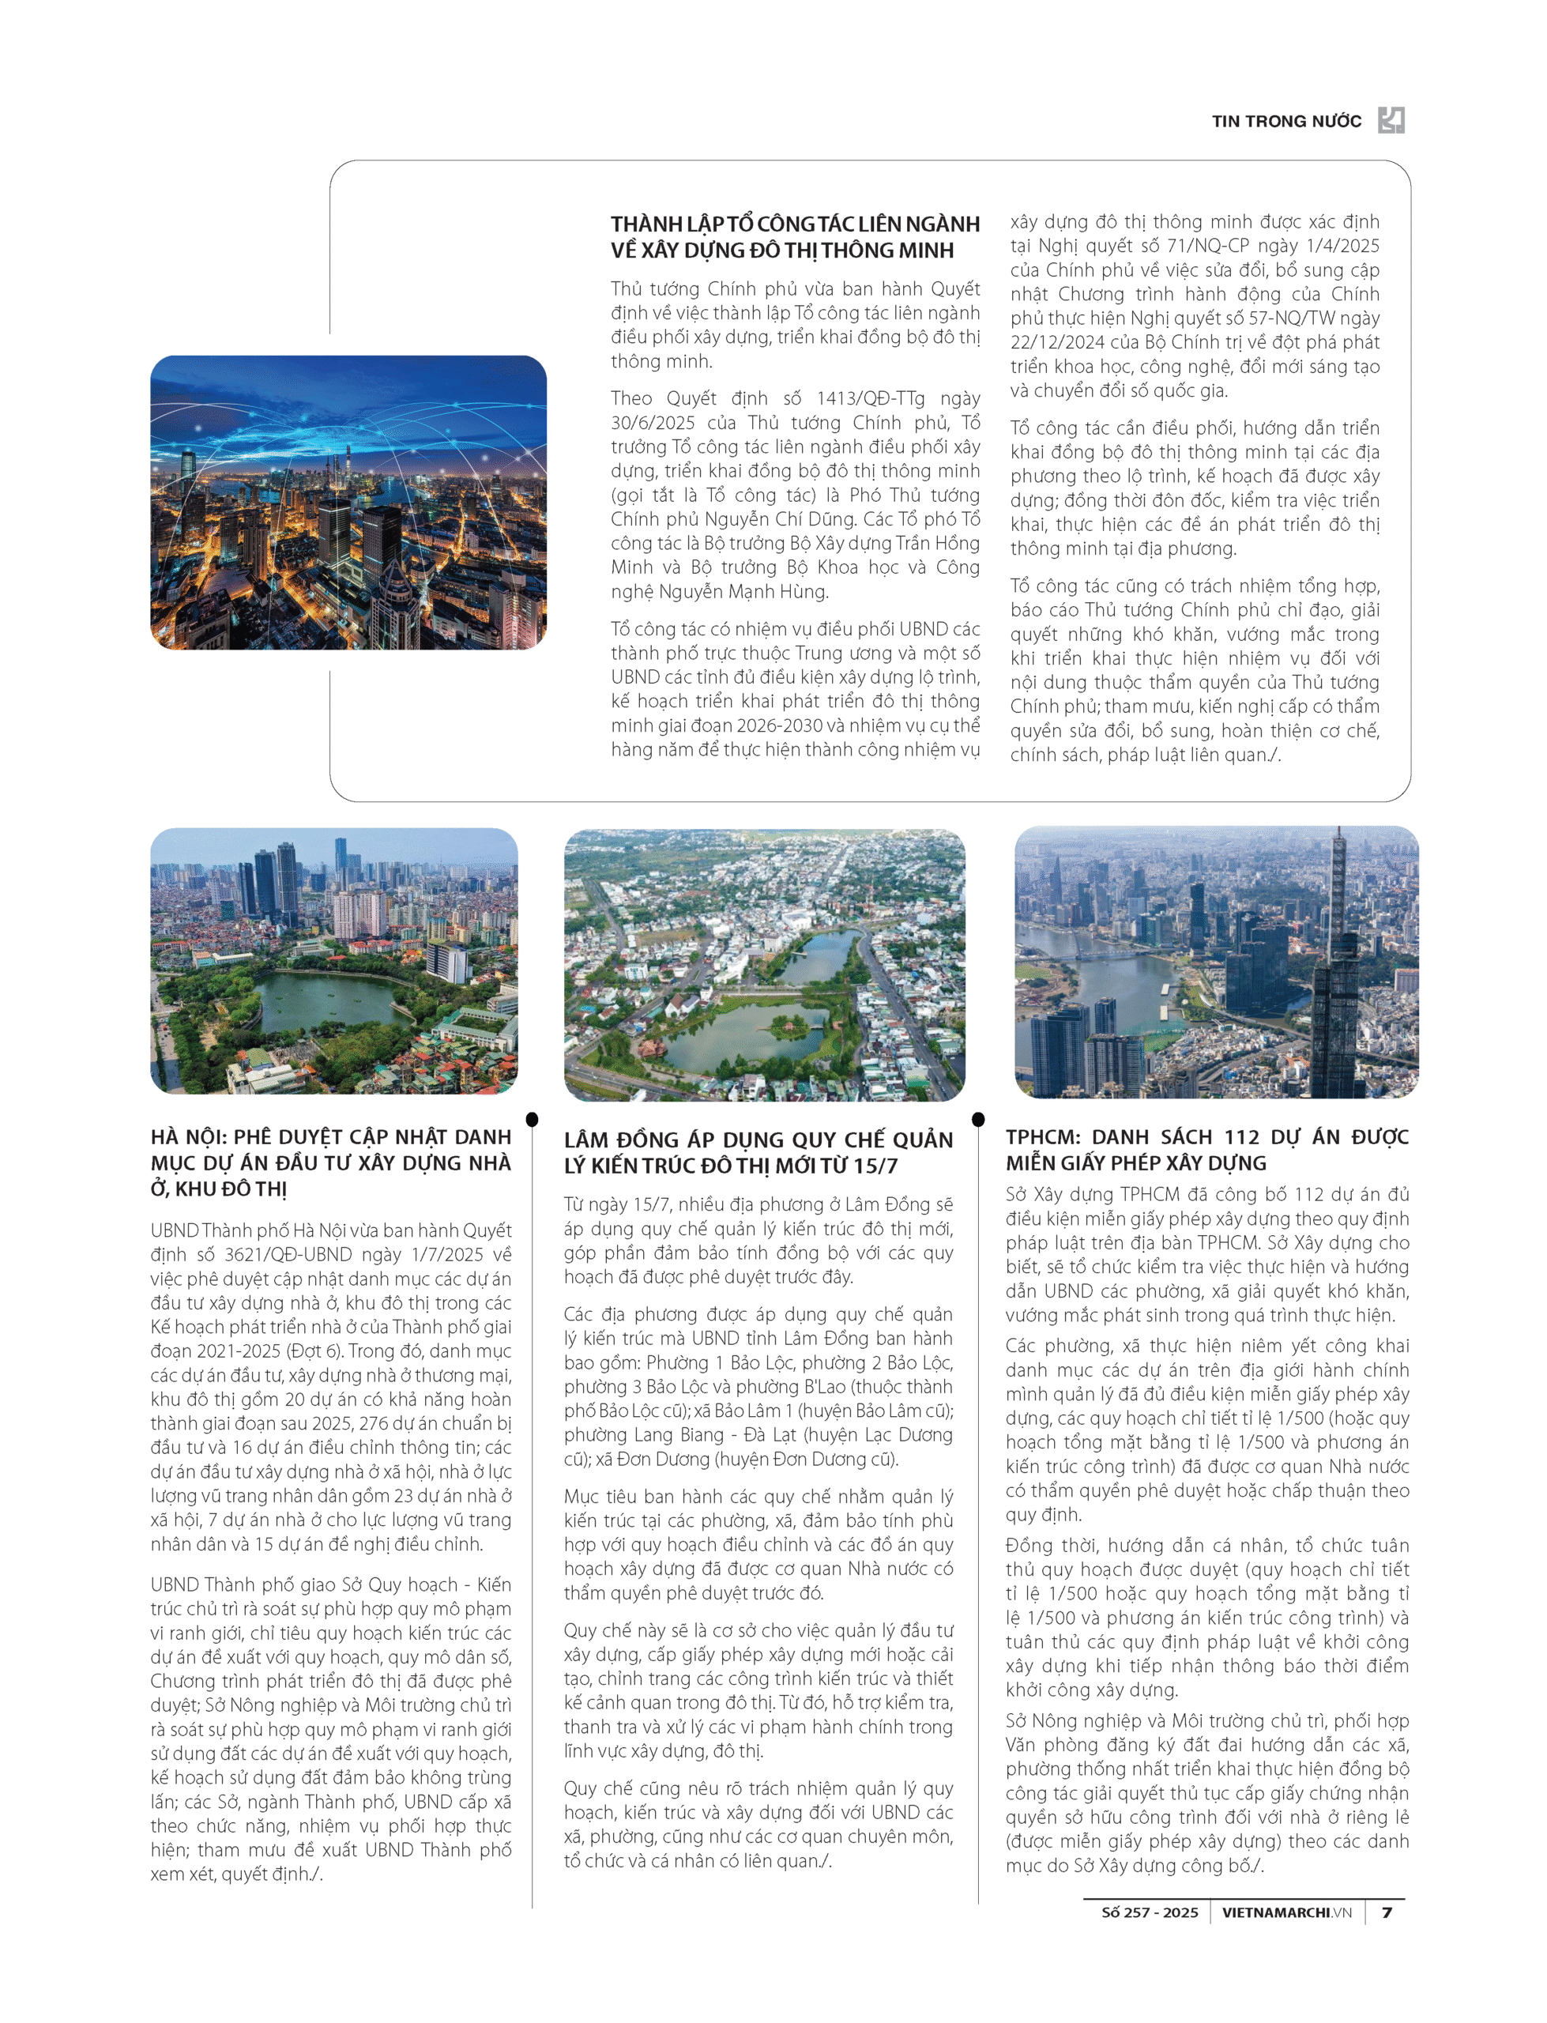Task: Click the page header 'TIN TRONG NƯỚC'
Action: [1285, 122]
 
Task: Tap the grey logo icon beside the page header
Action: [1391, 119]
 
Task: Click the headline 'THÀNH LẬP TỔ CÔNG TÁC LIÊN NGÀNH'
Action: [795, 224]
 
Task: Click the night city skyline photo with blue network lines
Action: [348, 502]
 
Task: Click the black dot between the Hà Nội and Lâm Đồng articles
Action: [533, 1120]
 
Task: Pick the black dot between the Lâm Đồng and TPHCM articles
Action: [978, 1120]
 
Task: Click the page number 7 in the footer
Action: [1387, 1912]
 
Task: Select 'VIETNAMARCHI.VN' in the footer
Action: [1286, 1912]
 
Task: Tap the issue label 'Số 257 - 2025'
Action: [1150, 1912]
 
